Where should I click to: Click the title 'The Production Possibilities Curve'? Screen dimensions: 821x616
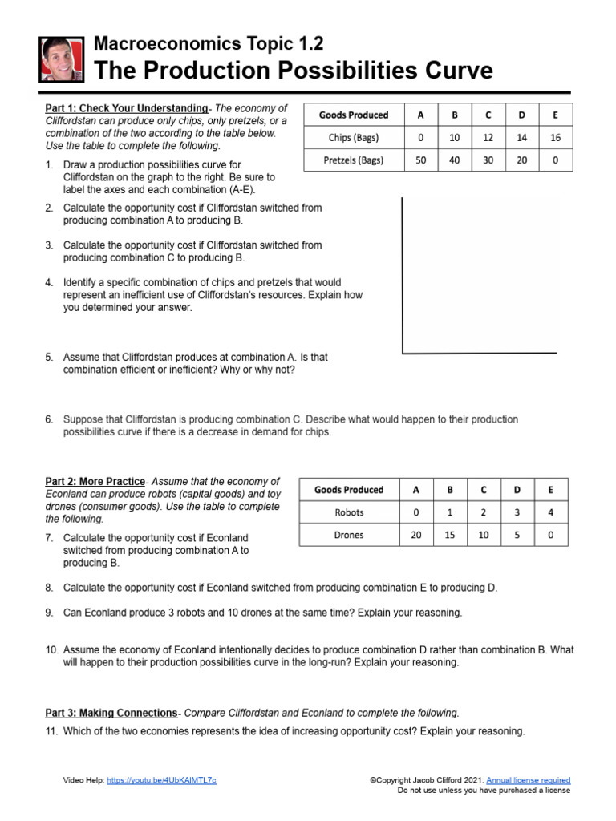pyautogui.click(x=294, y=71)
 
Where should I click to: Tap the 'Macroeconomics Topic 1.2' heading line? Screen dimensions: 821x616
pyautogui.click(x=209, y=43)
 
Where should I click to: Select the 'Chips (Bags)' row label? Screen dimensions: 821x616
pyautogui.click(x=353, y=137)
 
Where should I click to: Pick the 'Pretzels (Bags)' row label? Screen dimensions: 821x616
pyautogui.click(x=353, y=160)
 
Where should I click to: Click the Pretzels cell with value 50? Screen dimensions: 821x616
pyautogui.click(x=421, y=160)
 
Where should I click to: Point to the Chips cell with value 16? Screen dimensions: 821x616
pyautogui.click(x=555, y=137)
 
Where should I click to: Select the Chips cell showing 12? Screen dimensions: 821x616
pyautogui.click(x=488, y=137)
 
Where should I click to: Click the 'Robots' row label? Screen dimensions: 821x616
pyautogui.click(x=349, y=512)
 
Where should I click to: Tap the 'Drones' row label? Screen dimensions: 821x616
pyautogui.click(x=349, y=535)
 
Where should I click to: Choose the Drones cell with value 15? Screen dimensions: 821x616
pyautogui.click(x=449, y=535)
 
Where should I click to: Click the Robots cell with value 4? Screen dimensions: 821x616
pyautogui.click(x=550, y=512)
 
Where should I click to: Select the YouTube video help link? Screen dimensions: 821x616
pyautogui.click(x=161, y=779)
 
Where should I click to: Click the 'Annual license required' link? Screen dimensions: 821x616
pyautogui.click(x=529, y=779)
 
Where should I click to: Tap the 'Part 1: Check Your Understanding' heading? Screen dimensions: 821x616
pyautogui.click(x=126, y=108)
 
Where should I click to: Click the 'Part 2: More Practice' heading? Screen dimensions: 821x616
pyautogui.click(x=95, y=481)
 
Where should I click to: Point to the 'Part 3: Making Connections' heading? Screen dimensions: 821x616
pyautogui.click(x=111, y=712)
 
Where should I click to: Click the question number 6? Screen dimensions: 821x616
pyautogui.click(x=49, y=419)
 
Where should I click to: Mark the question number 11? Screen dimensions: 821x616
pyautogui.click(x=51, y=731)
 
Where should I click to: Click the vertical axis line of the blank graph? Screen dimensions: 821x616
pyautogui.click(x=403, y=273)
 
